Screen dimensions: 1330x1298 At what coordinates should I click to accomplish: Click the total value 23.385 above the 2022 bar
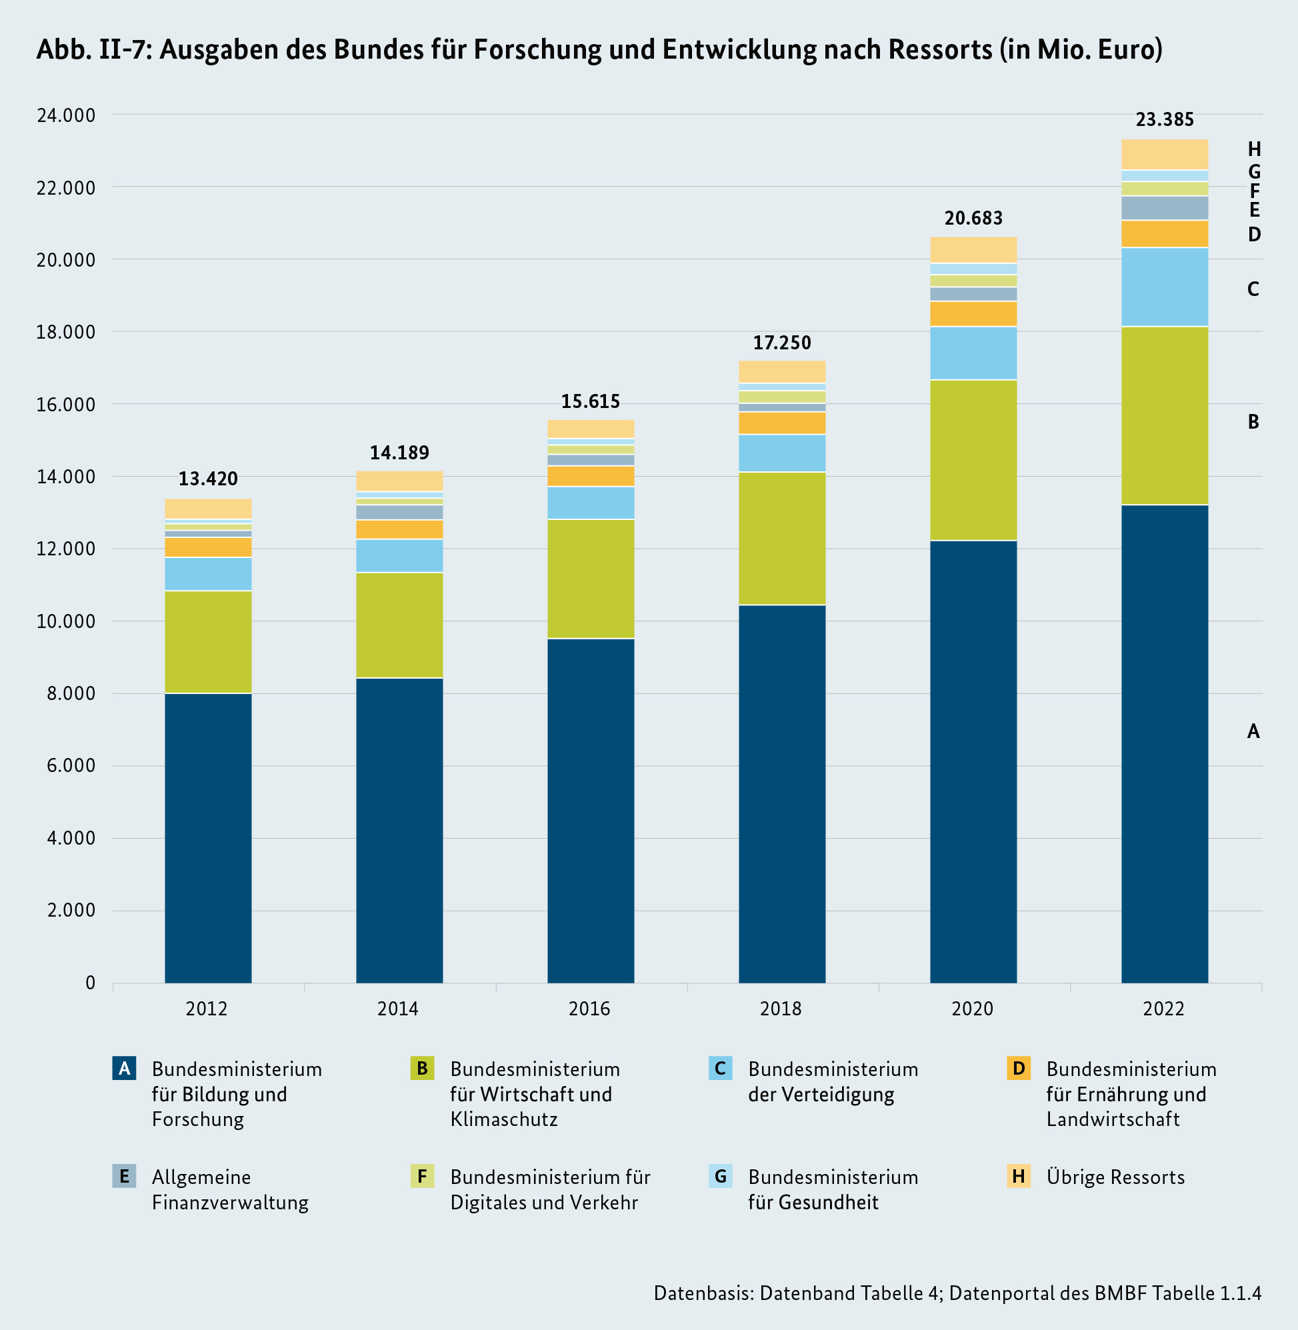click(x=1165, y=120)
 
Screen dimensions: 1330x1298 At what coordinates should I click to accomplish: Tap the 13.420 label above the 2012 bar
click(x=208, y=479)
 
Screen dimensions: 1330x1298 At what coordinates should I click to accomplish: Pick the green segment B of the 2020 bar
click(x=973, y=460)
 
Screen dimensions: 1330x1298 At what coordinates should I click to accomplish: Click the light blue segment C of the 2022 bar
click(x=1165, y=287)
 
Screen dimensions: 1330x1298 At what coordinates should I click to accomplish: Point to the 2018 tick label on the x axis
click(x=781, y=1008)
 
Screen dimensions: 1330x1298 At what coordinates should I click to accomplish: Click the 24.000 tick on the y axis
click(x=66, y=115)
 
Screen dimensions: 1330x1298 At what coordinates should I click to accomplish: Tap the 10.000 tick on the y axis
click(x=66, y=622)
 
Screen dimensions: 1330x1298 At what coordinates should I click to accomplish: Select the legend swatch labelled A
click(x=124, y=1068)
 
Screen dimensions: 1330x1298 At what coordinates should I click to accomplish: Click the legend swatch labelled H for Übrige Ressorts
click(x=1019, y=1177)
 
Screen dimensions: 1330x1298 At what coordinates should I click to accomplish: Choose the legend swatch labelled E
click(x=124, y=1177)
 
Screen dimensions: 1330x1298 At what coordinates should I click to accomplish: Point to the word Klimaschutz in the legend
click(x=504, y=1119)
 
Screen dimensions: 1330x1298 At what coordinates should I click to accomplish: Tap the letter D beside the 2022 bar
click(x=1254, y=235)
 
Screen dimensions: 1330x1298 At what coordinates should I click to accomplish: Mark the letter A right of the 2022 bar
click(x=1253, y=731)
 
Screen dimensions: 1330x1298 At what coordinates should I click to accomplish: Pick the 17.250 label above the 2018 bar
click(x=782, y=343)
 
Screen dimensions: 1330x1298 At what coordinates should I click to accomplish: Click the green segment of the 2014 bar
click(x=399, y=625)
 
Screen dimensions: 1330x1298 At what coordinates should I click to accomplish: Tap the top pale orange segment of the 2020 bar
click(x=973, y=250)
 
